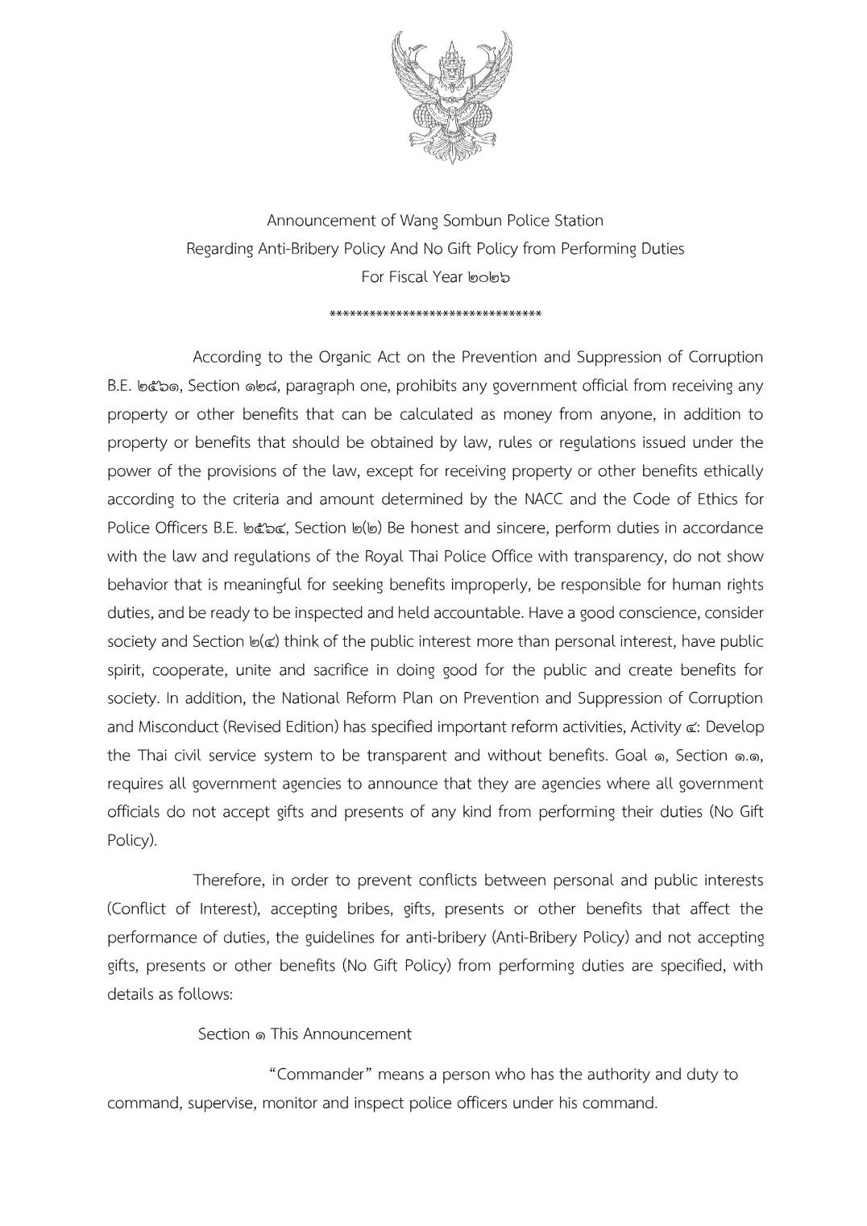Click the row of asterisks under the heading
(x=435, y=313)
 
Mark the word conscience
(x=664, y=613)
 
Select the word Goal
(x=632, y=755)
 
